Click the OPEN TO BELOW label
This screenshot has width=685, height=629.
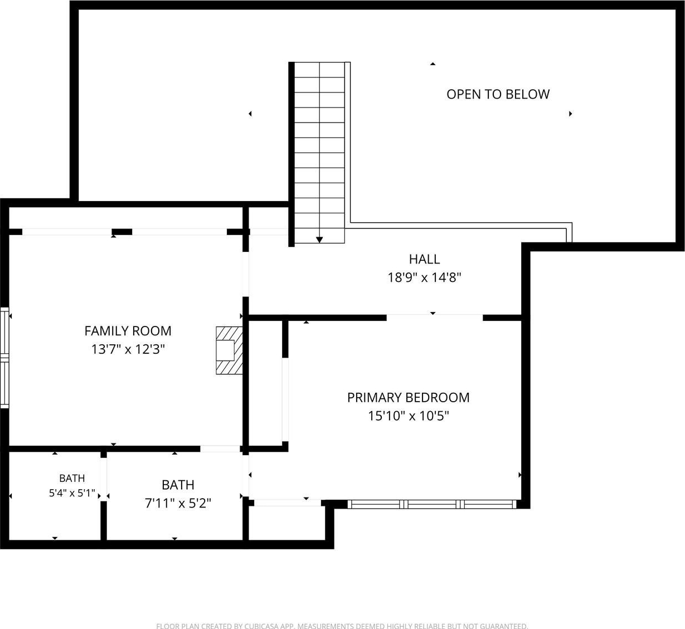pos(498,94)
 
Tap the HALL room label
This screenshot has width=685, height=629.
pos(424,259)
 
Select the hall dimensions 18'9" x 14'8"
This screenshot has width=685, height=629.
pos(424,277)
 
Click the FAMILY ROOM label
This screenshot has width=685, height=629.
pos(128,331)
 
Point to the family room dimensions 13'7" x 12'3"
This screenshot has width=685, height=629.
pos(128,349)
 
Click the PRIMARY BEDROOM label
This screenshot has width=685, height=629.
pos(408,397)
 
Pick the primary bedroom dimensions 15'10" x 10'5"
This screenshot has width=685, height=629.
pos(408,416)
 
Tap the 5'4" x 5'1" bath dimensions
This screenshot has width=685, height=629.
pos(72,493)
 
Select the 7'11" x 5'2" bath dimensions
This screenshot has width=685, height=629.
pos(178,503)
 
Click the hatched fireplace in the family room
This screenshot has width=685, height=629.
pos(229,350)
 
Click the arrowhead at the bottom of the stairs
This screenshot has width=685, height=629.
pos(319,240)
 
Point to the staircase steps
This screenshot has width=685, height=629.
pos(319,152)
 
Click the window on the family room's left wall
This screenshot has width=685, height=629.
pos(4,358)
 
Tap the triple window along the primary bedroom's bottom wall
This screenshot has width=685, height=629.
pos(432,504)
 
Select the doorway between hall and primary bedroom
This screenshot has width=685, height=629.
pos(434,318)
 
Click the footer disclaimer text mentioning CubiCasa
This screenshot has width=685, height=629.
pos(342,626)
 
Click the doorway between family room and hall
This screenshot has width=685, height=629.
pos(246,274)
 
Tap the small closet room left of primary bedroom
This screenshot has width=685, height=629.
pos(265,383)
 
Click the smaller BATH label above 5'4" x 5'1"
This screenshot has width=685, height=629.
pos(72,479)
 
